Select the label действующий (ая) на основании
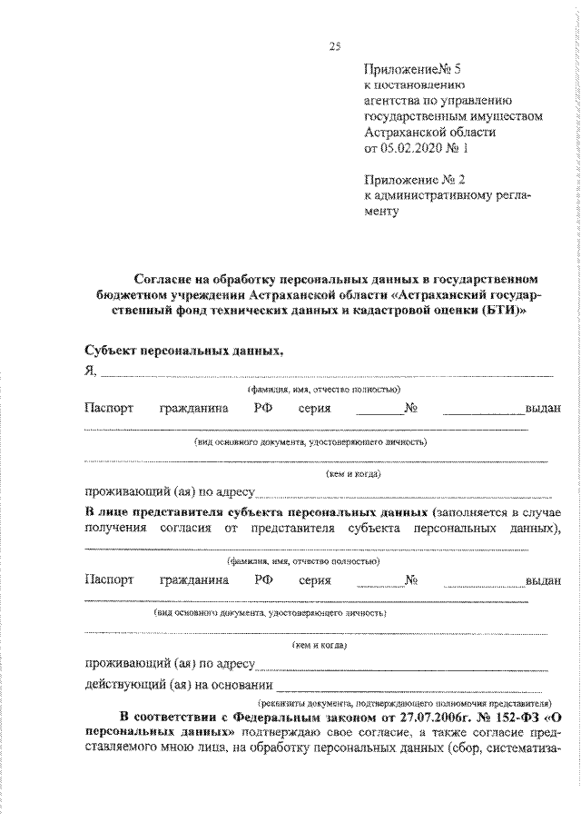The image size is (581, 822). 178,683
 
